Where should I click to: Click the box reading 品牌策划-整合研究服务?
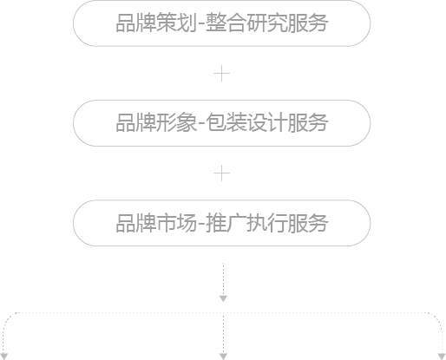pos(222,23)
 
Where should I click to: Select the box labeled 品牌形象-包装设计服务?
pos(222,123)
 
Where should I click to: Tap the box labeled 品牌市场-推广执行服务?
pos(222,223)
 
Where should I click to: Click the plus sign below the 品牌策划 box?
pos(222,74)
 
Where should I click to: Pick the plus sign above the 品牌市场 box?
pos(222,173)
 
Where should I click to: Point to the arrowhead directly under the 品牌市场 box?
pos(223,298)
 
